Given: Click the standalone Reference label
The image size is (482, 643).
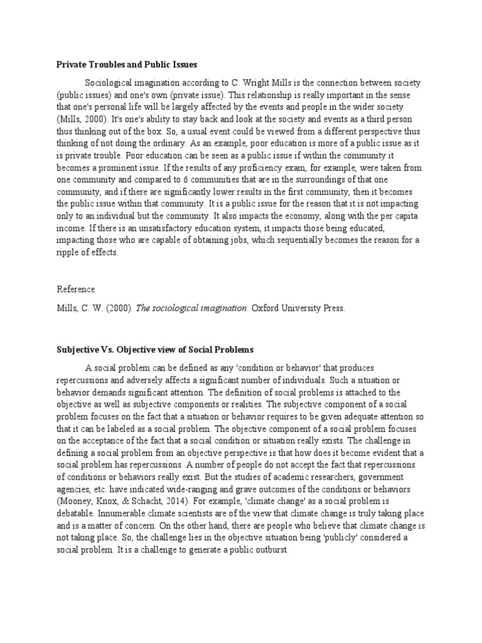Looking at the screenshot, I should [76, 289].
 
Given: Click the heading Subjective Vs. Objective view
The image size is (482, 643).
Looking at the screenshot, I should [155, 349].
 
